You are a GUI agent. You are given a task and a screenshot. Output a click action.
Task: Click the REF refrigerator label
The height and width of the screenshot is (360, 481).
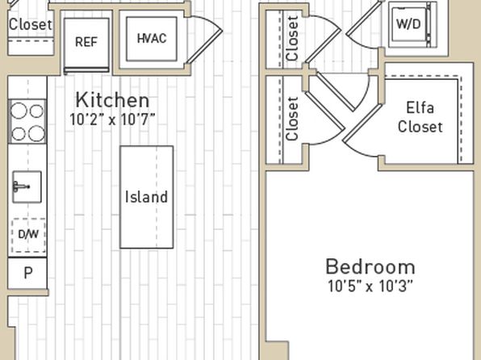86,42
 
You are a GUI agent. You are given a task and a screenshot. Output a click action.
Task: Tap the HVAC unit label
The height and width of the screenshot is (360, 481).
152,39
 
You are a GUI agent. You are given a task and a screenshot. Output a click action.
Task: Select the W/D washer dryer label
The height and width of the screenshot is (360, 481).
408,24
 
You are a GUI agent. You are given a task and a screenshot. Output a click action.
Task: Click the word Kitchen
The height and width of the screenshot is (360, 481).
112,100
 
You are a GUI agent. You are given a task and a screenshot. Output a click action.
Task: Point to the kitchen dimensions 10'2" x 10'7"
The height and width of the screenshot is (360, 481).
112,119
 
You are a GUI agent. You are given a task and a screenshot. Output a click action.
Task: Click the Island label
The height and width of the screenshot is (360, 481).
146,197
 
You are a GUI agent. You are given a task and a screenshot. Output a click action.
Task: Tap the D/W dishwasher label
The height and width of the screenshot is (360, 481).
28,234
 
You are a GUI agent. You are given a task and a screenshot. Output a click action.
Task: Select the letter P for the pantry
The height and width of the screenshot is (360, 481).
28,273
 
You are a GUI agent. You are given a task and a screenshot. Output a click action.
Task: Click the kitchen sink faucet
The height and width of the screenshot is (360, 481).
20,186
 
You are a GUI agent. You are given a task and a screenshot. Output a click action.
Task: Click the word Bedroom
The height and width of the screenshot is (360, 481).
370,266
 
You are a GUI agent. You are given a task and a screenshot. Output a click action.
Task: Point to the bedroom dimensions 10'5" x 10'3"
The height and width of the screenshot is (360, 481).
370,286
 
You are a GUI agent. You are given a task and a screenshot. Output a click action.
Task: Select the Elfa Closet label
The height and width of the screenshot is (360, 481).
420,118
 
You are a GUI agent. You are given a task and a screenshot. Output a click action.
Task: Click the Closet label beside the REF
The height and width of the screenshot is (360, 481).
31,24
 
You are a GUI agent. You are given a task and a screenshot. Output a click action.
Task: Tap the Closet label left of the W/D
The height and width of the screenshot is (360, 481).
292,39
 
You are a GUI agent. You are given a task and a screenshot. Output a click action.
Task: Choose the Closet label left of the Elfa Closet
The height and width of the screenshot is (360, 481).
292,119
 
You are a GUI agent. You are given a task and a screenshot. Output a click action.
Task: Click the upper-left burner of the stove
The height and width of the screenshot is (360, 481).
19,111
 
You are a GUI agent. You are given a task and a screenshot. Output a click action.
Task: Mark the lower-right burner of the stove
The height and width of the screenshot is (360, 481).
37,133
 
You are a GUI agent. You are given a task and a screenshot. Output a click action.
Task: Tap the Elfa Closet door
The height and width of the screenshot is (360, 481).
362,123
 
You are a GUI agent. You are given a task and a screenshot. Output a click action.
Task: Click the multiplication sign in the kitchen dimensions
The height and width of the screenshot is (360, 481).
112,120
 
